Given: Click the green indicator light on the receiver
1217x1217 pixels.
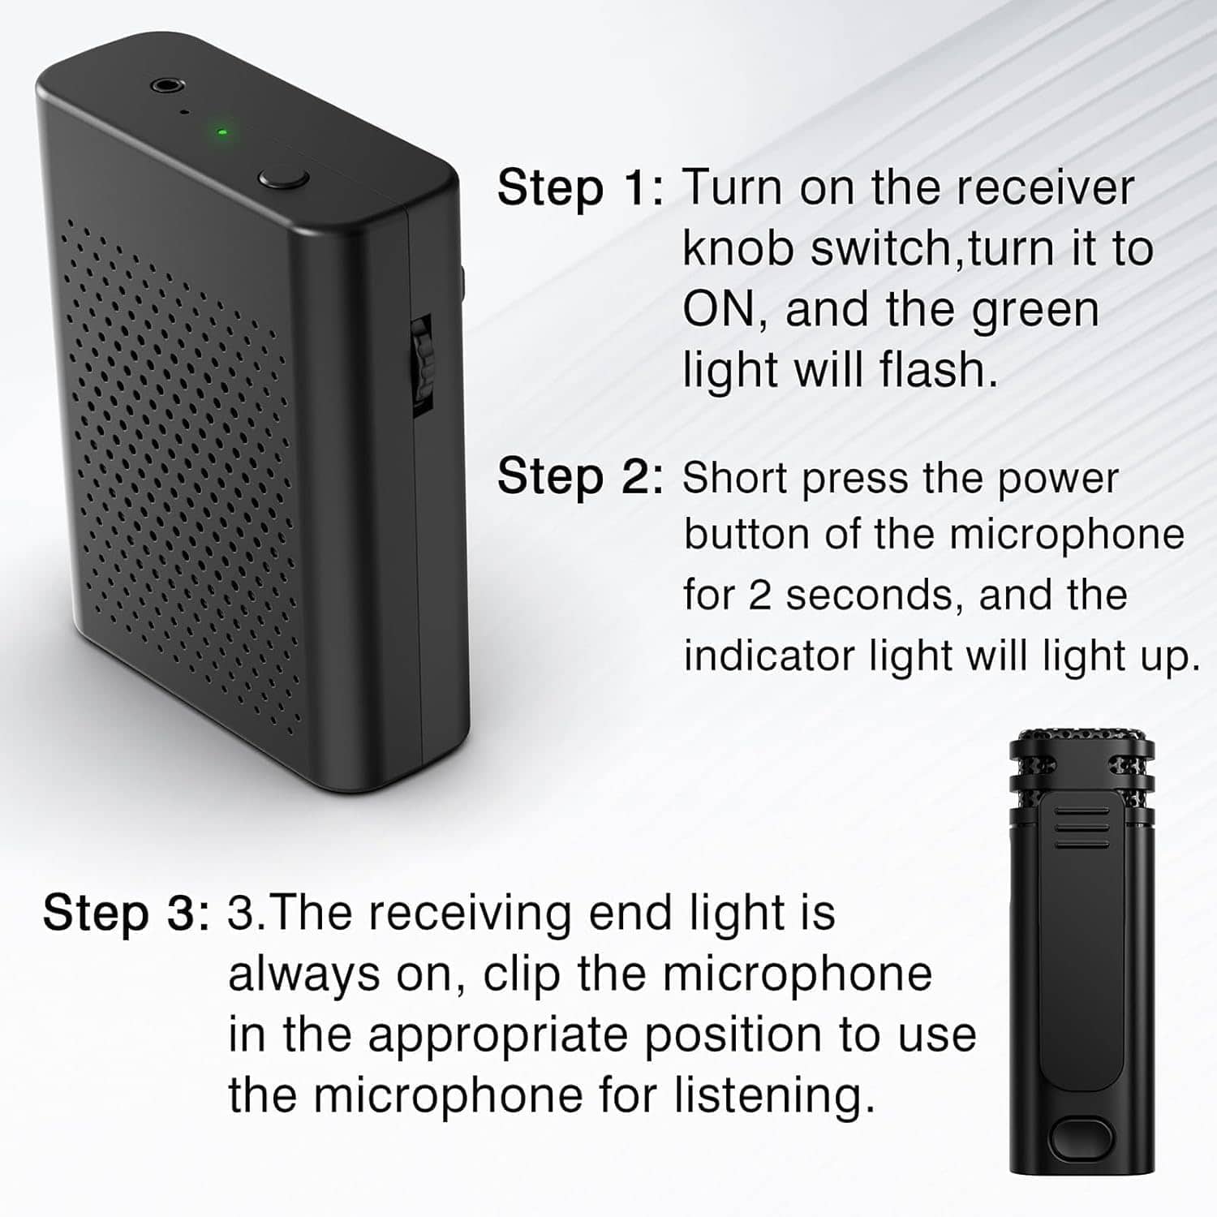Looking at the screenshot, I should [221, 131].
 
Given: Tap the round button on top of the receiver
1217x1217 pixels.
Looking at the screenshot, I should [283, 178].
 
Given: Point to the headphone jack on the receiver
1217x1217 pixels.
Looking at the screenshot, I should [166, 84].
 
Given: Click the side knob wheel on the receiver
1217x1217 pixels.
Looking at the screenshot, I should [422, 357].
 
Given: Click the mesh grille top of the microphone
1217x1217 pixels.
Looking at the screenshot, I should [1082, 742].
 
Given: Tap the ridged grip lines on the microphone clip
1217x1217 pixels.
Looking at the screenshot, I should [1082, 828].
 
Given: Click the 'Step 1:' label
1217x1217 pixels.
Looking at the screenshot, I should [580, 188].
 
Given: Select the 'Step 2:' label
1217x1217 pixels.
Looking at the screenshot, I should [580, 476].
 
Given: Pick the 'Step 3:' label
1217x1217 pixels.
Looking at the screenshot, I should [126, 913].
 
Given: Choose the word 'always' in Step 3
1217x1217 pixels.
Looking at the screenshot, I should [303, 974].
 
